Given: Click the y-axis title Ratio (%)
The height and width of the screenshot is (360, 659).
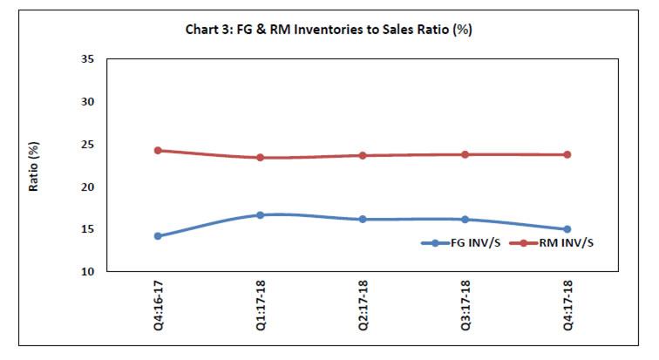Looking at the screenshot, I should tap(35, 165).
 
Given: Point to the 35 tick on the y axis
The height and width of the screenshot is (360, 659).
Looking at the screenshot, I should tap(87, 59).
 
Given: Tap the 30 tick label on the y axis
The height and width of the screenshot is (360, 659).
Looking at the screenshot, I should tap(87, 102).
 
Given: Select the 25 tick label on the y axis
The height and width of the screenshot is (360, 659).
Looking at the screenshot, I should tap(87, 145).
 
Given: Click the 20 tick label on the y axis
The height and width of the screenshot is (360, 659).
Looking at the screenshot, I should tap(87, 187).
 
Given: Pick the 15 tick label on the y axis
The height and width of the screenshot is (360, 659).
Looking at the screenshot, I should tap(87, 229).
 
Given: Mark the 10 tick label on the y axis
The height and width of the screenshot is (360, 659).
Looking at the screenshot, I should tap(87, 272).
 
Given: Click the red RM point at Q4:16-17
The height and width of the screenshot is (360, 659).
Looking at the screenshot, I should tap(158, 150).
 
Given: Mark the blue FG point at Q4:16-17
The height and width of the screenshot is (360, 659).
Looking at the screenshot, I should tap(158, 235).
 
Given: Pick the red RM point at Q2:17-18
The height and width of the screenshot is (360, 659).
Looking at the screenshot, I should tap(363, 155).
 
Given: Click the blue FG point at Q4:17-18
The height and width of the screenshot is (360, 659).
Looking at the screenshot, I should tap(567, 229).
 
